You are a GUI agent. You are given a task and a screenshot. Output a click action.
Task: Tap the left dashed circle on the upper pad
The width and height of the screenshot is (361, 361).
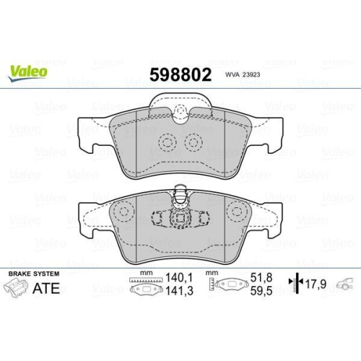click(167, 142)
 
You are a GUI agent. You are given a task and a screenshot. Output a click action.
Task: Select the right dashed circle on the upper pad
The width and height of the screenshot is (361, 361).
click(193, 142)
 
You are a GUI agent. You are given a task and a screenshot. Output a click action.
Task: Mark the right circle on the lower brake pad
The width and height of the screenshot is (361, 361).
click(236, 212)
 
